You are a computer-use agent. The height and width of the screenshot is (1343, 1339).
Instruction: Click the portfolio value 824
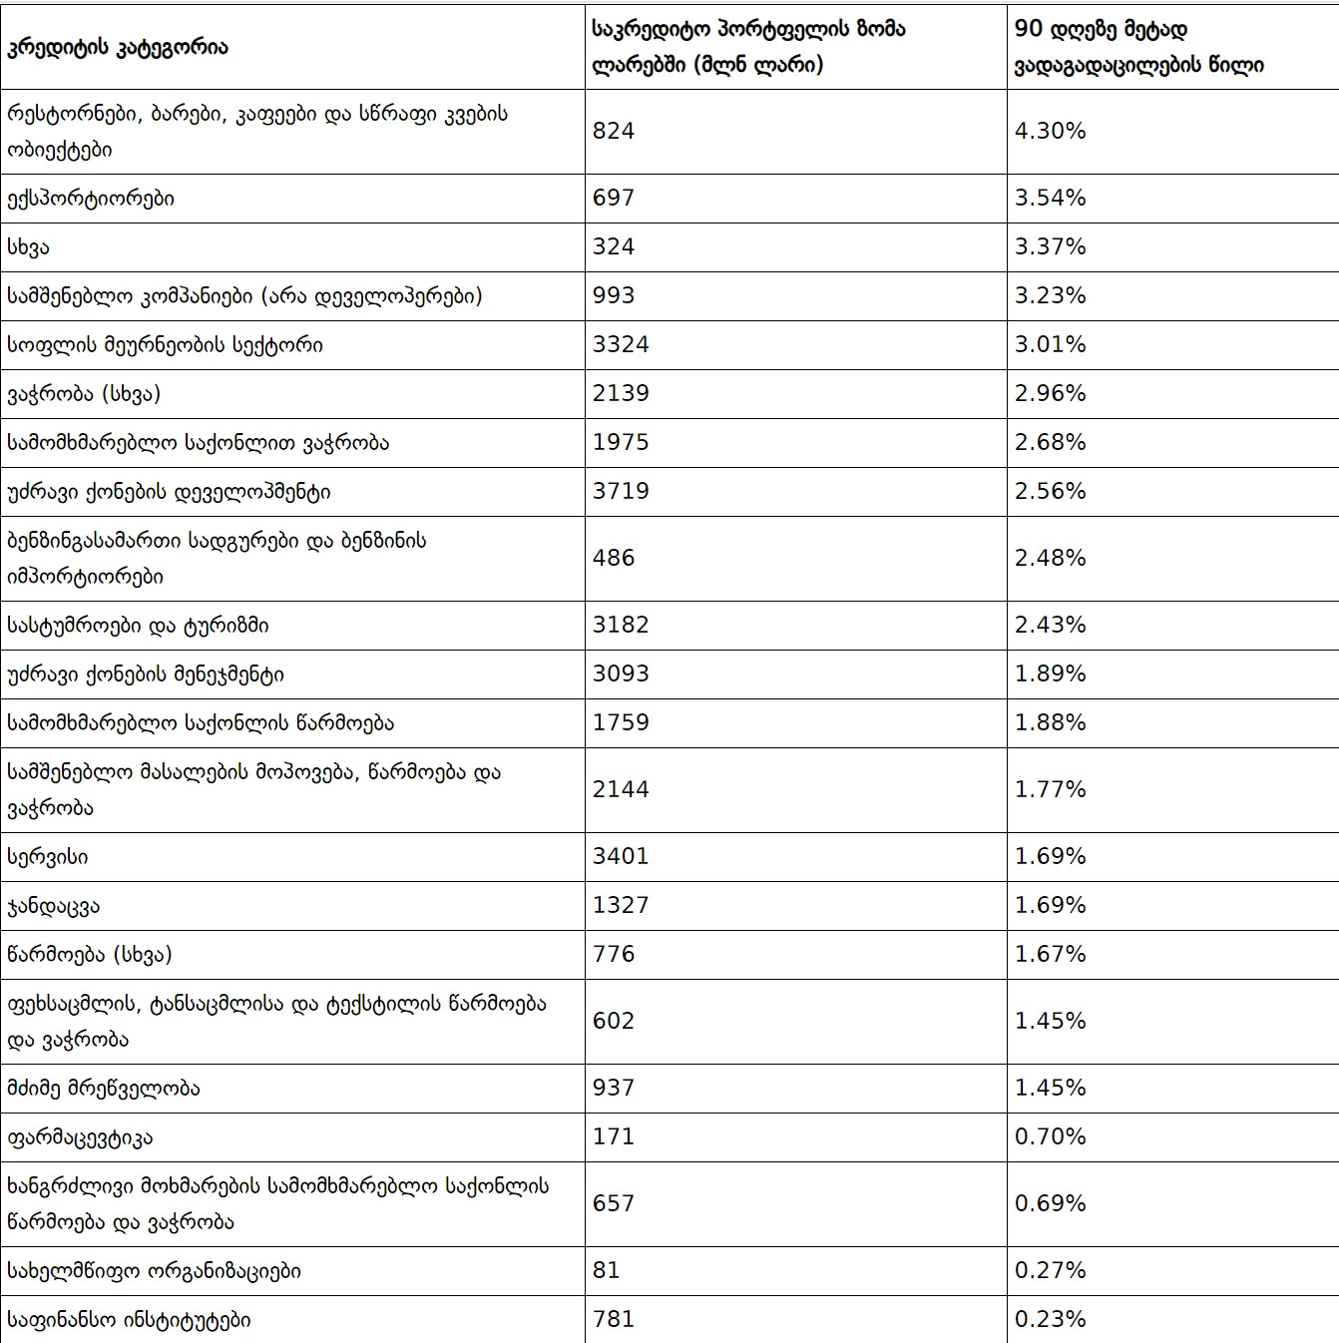tap(614, 131)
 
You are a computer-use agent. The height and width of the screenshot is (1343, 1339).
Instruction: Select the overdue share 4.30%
tap(1050, 131)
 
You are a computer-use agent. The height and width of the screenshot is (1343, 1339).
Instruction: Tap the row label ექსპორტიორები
tap(91, 199)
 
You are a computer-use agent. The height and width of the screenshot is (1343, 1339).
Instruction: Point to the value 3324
tap(621, 344)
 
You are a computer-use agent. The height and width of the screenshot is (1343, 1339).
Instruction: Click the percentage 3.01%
tap(1050, 344)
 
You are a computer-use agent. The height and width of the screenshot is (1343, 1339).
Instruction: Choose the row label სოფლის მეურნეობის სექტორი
tap(166, 345)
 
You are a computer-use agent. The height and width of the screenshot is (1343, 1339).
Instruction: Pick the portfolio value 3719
tap(621, 491)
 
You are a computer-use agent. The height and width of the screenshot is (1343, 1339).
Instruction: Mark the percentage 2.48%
tap(1050, 558)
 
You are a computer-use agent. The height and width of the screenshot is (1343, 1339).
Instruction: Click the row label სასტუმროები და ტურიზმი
tap(138, 626)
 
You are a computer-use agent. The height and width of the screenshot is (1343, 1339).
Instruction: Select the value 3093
tap(621, 673)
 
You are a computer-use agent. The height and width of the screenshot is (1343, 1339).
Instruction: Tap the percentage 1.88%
tap(1050, 722)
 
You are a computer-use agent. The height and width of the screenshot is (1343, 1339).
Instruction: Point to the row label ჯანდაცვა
tap(54, 906)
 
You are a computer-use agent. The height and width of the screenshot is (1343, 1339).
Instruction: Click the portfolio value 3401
tap(621, 856)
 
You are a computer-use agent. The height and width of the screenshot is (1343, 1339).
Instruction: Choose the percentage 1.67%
tap(1050, 954)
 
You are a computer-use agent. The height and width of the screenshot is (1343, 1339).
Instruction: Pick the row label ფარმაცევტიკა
tap(80, 1138)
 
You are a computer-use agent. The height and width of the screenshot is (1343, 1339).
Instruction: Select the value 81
tap(606, 1270)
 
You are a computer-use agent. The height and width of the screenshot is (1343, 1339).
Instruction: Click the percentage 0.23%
tap(1050, 1319)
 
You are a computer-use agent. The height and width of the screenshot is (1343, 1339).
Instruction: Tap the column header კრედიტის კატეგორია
tap(118, 48)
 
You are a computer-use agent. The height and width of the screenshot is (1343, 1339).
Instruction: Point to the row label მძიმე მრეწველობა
tap(103, 1089)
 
